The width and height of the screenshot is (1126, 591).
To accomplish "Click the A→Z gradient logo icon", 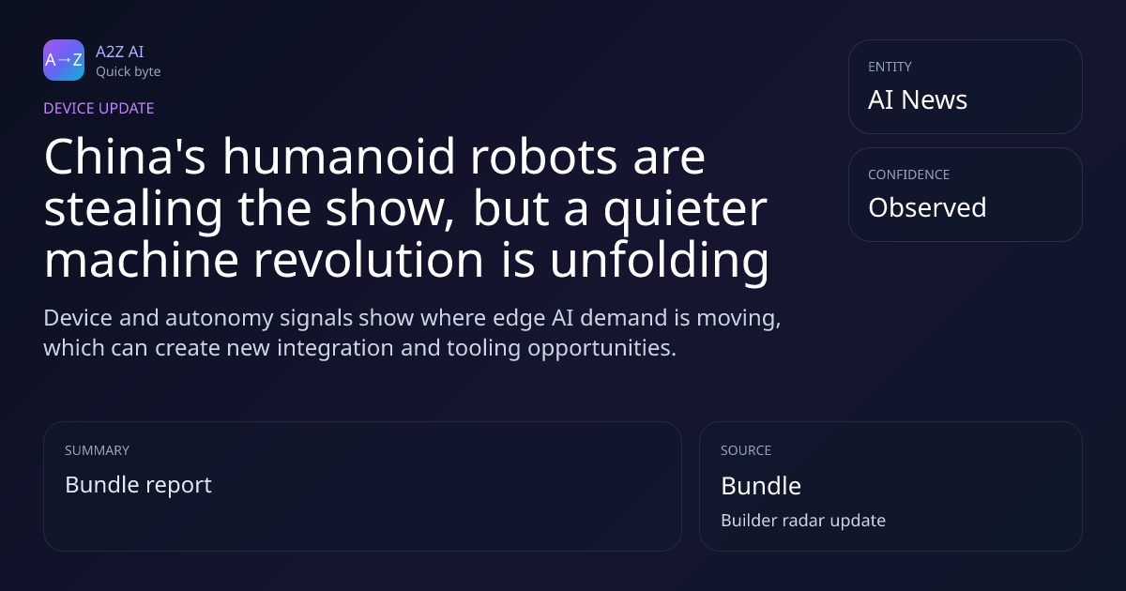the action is (64, 60).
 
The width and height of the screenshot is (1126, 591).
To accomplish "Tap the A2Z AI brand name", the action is (120, 52).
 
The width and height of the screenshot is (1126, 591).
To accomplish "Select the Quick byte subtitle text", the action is (129, 72).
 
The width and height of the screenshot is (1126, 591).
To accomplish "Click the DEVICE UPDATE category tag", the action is (99, 109).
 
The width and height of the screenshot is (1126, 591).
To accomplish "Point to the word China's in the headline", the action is (125, 157).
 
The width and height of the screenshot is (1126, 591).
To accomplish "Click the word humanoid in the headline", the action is (339, 157).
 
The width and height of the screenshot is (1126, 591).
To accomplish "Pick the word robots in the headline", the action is (543, 157).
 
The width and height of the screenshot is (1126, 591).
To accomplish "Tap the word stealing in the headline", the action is (133, 210).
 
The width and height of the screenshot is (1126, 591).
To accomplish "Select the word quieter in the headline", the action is (685, 210).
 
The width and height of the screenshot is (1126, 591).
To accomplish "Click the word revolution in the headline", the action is (369, 261).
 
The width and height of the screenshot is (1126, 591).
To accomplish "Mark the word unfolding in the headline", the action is (660, 262).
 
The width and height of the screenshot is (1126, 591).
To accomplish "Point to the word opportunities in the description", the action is (601, 348).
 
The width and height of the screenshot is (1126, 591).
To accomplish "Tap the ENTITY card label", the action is (890, 67).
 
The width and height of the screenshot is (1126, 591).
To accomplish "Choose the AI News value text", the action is (918, 99).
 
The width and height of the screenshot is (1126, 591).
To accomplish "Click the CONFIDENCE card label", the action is (909, 174).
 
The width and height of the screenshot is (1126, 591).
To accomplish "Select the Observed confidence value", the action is (927, 207).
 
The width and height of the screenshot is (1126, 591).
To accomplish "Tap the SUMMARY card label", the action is (97, 450).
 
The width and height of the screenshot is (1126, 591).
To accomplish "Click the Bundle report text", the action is (138, 485).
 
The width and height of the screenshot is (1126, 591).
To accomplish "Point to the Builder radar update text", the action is (803, 521).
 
